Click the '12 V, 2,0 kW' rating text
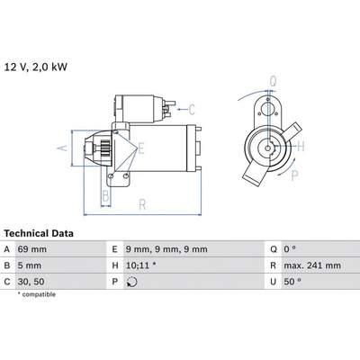[35, 67]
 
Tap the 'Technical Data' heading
[39, 233]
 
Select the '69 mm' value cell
[32, 249]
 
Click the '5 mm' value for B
[30, 265]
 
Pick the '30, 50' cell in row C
[31, 282]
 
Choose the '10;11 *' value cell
[140, 265]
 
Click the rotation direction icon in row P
[132, 282]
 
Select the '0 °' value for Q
[290, 249]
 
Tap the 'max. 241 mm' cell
[312, 265]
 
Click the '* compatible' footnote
[37, 294]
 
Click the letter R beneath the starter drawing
[142, 204]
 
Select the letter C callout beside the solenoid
[192, 109]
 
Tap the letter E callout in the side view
[141, 148]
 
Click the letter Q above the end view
[273, 81]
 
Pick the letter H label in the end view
[301, 146]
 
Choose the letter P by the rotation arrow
[295, 175]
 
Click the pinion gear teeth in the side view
[104, 148]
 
